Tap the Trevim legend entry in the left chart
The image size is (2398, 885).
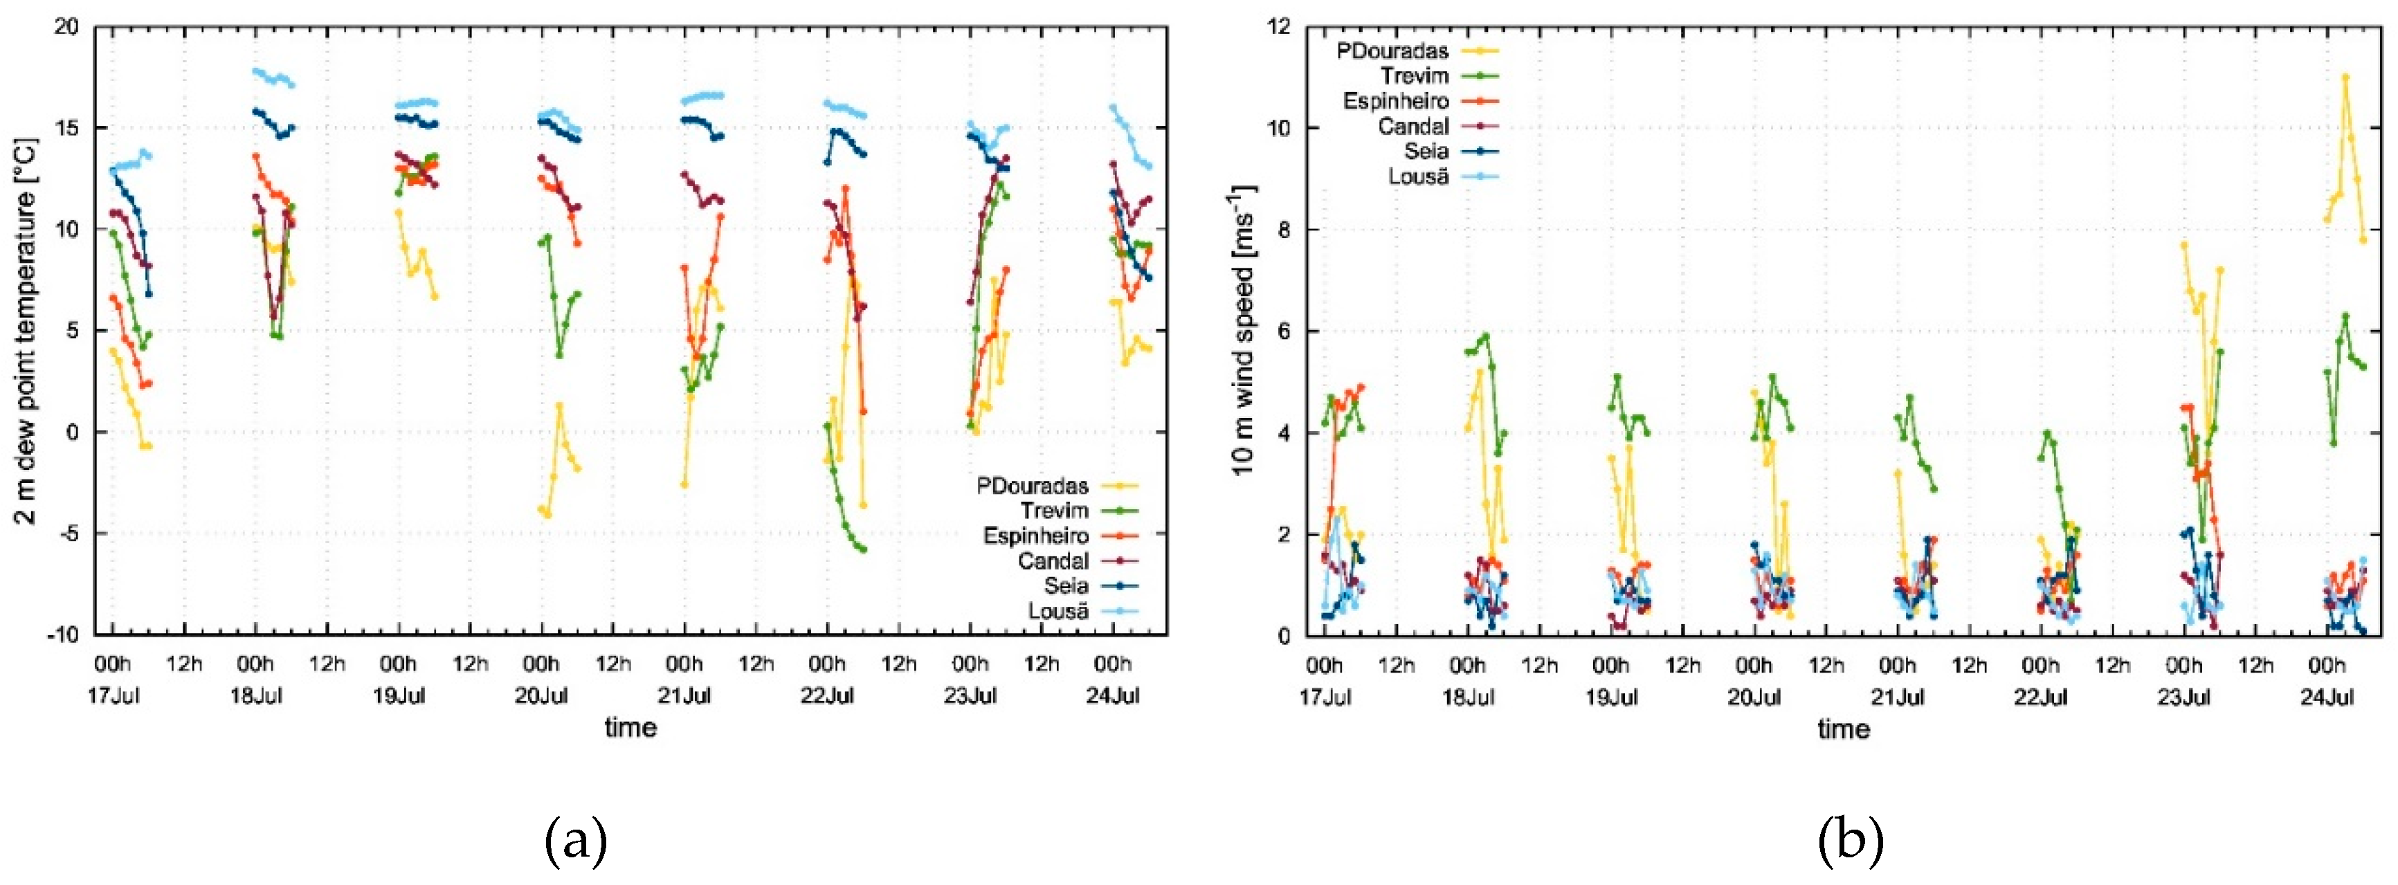tap(1054, 510)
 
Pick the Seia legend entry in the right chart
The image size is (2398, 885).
tap(1425, 151)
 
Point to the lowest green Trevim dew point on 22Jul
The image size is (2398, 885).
tap(863, 549)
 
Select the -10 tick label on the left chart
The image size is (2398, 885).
tap(62, 636)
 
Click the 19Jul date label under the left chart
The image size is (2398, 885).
tap(399, 695)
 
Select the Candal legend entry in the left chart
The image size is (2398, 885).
tap(1053, 561)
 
